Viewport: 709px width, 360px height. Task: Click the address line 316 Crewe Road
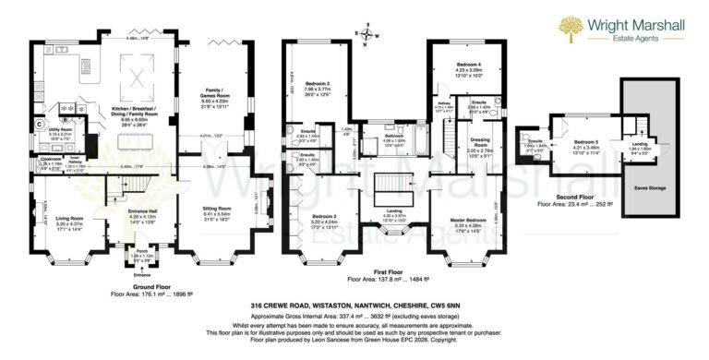click(354, 303)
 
